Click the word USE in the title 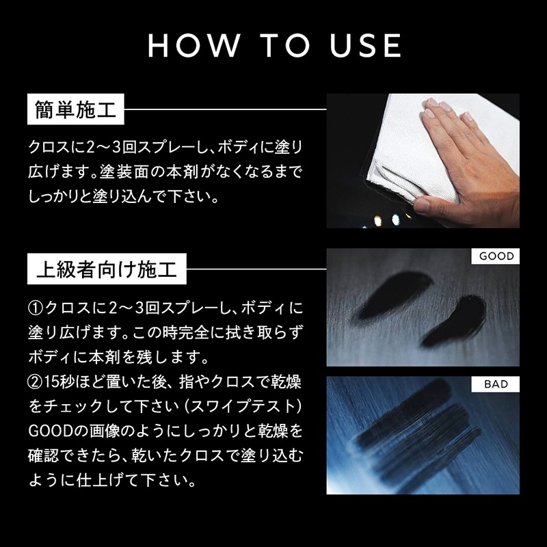click(366, 45)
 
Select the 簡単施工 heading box click(76, 109)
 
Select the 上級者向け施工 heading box click(107, 269)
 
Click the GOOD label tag click(495, 256)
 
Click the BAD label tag click(495, 384)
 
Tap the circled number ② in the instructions click(35, 383)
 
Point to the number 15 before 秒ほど click(50, 383)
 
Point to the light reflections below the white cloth click(387, 219)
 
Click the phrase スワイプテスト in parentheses click(243, 407)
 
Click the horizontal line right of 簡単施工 click(226, 109)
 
